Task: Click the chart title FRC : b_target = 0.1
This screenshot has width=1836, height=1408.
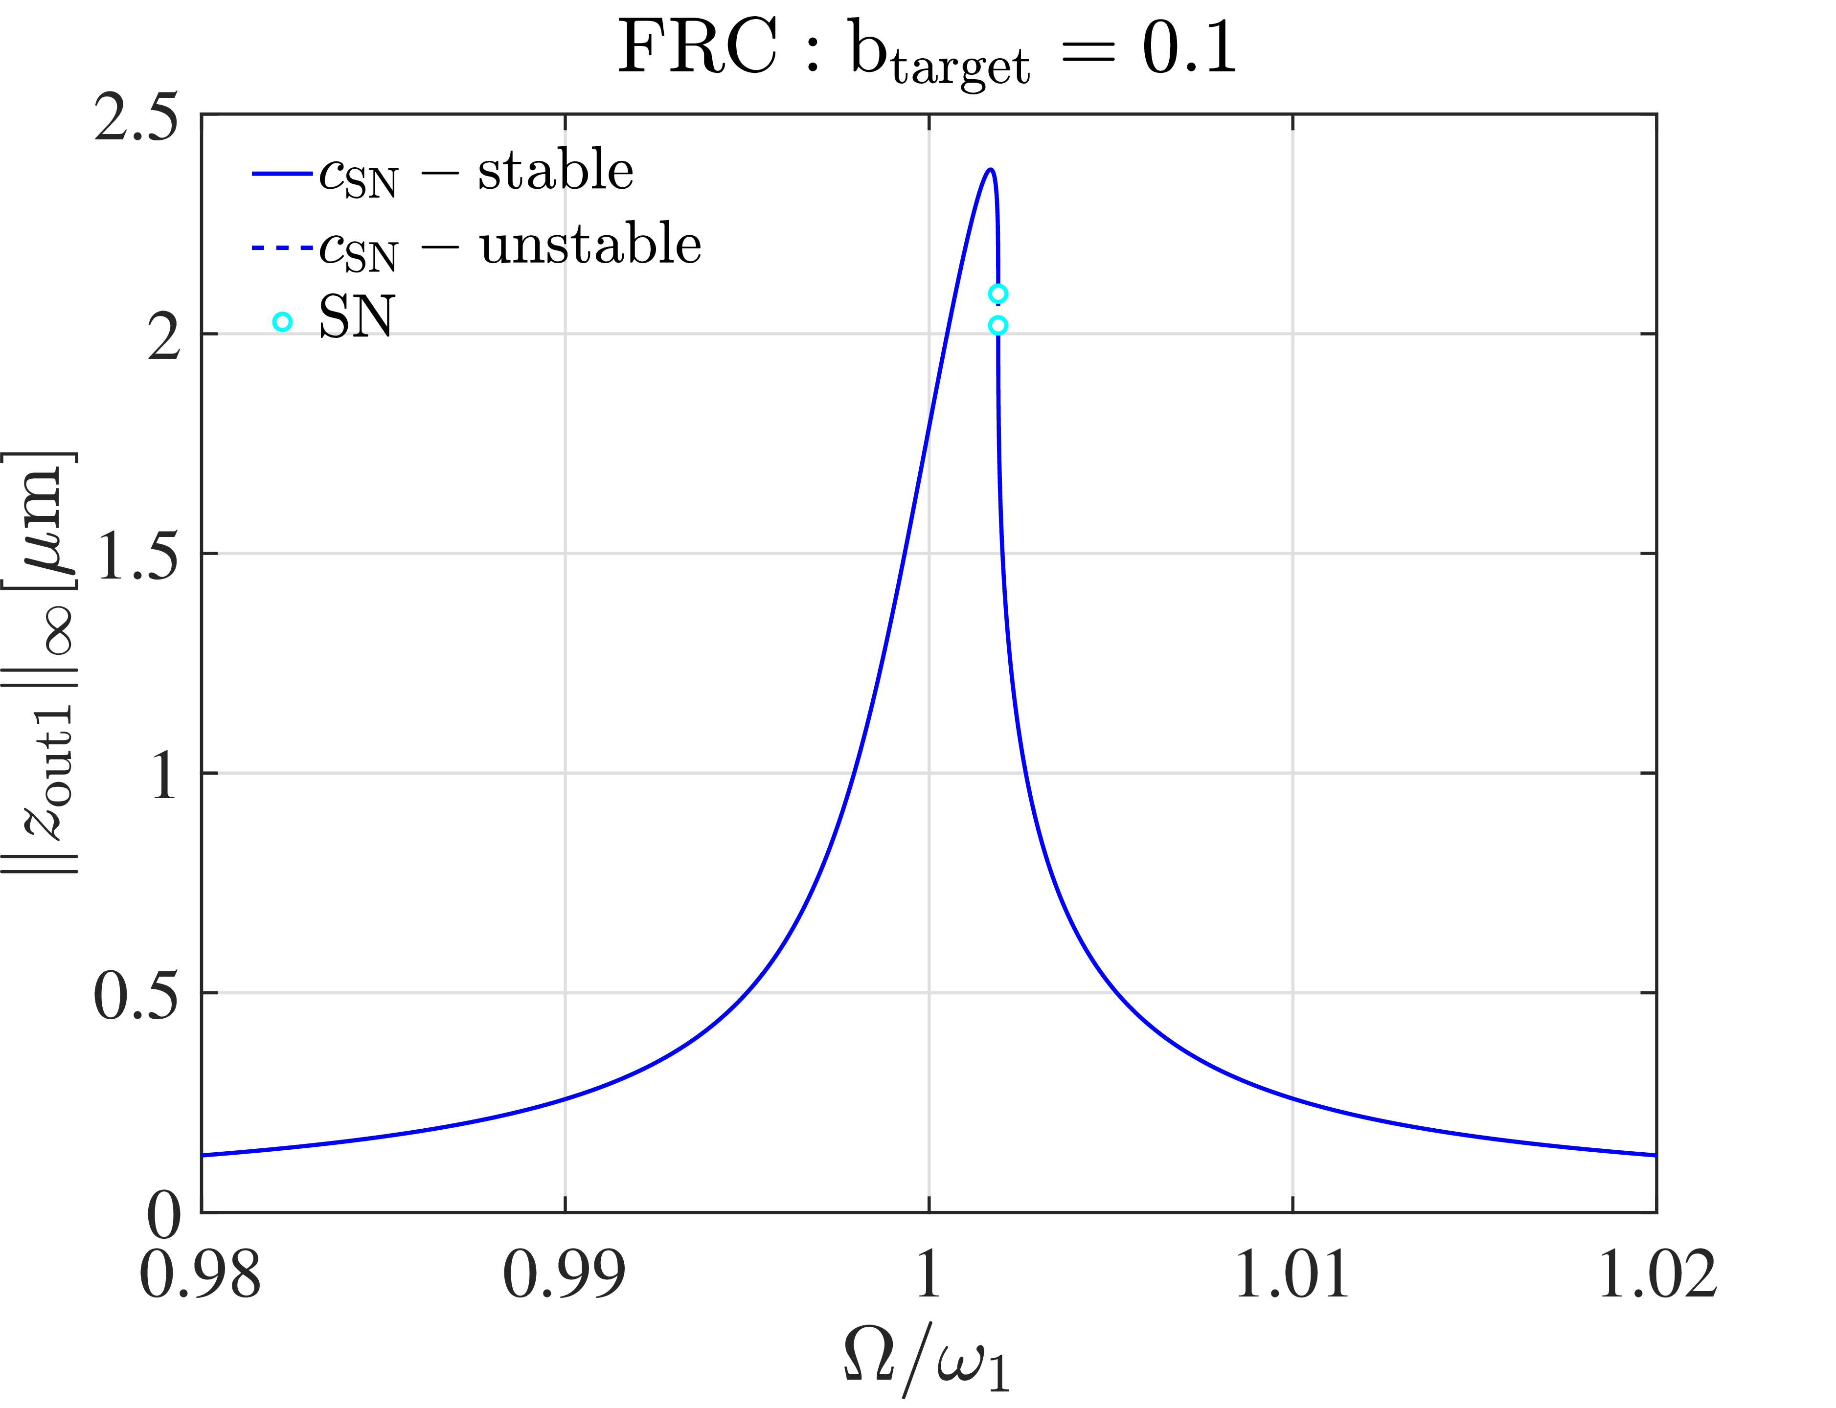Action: (927, 50)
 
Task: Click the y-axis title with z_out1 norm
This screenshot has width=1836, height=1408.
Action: (42, 662)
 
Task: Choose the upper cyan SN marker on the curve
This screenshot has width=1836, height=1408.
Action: (997, 293)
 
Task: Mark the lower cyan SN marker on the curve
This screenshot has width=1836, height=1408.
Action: (997, 325)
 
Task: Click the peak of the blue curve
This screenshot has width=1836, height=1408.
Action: (990, 170)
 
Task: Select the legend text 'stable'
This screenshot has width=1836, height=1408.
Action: (555, 171)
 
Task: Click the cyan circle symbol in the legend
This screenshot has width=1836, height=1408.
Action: (283, 322)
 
